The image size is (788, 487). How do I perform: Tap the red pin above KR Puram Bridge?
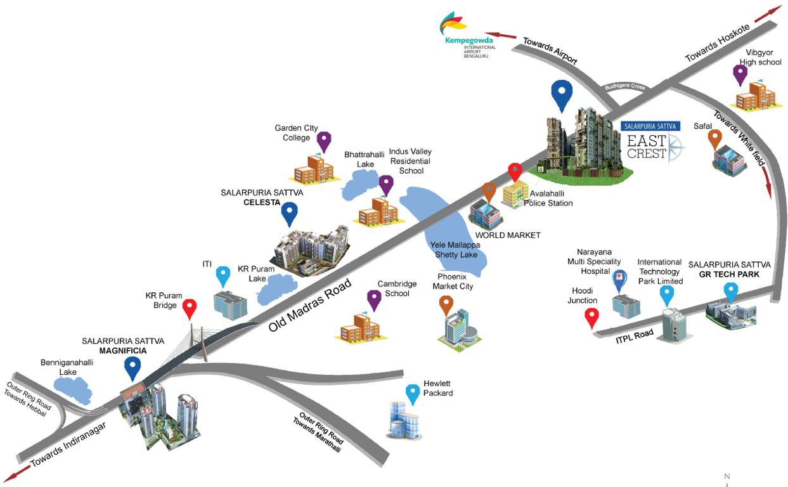click(189, 308)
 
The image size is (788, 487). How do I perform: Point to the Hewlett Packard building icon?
click(404, 419)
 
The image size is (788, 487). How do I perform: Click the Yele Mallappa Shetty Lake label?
click(456, 249)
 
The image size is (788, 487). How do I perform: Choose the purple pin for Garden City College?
click(324, 141)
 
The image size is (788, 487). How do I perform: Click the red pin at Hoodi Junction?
click(591, 316)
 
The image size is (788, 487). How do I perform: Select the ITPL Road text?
click(635, 337)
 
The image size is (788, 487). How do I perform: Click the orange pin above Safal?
click(715, 137)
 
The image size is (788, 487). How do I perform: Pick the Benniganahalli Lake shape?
click(75, 387)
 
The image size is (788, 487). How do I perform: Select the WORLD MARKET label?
click(508, 235)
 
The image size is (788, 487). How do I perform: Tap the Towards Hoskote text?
click(718, 43)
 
